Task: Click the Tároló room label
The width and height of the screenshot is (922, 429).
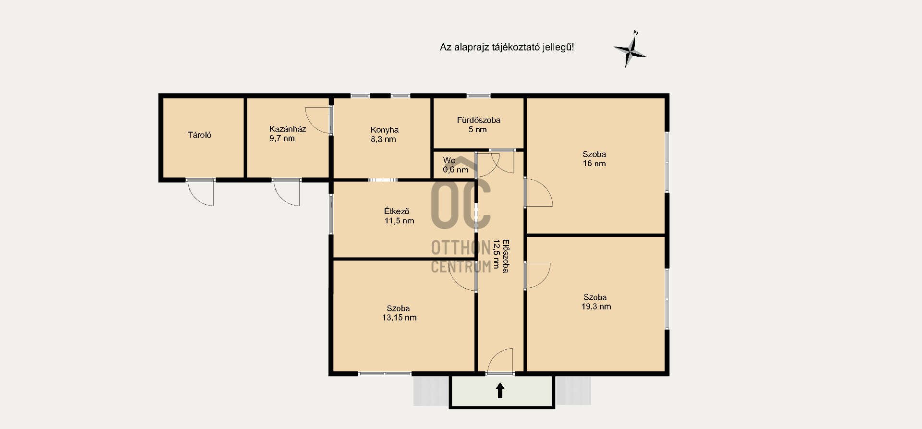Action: click(x=199, y=135)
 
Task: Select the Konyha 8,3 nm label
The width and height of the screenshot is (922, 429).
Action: click(x=384, y=135)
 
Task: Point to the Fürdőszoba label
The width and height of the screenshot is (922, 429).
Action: click(x=478, y=120)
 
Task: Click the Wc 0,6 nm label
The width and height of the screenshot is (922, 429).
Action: click(x=455, y=165)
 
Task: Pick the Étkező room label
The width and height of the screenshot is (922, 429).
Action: click(x=397, y=211)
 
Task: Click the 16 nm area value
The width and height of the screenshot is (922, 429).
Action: click(x=594, y=164)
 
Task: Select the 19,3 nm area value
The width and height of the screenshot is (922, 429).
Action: click(x=596, y=306)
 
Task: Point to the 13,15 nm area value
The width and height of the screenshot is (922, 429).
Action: click(x=399, y=318)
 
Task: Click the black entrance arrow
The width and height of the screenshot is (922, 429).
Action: click(x=500, y=390)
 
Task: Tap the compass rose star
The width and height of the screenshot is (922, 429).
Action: click(x=631, y=50)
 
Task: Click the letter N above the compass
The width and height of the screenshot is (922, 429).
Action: click(x=636, y=33)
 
